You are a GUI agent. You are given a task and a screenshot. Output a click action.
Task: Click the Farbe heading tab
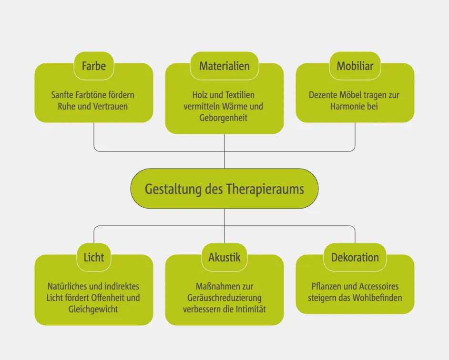click(94, 66)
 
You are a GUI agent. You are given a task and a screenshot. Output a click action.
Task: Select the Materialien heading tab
click(224, 66)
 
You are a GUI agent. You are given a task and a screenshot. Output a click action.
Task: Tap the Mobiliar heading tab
click(355, 66)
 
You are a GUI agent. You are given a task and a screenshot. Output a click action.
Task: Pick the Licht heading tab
click(94, 257)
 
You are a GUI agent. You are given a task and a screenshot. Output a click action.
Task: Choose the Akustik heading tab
click(224, 257)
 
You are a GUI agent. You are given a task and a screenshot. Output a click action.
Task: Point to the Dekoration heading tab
click(355, 257)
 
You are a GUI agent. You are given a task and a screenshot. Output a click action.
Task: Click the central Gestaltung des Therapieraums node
click(224, 189)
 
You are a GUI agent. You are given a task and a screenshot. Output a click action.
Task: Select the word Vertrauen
click(109, 106)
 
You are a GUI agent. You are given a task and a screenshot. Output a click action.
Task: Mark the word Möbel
click(351, 95)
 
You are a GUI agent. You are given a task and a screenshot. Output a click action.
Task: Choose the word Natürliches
click(68, 287)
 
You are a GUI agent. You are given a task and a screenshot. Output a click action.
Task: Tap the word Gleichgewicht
click(93, 310)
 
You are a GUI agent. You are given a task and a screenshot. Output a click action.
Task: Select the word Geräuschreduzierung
click(224, 298)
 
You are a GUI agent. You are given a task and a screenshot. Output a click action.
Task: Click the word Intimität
click(249, 310)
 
